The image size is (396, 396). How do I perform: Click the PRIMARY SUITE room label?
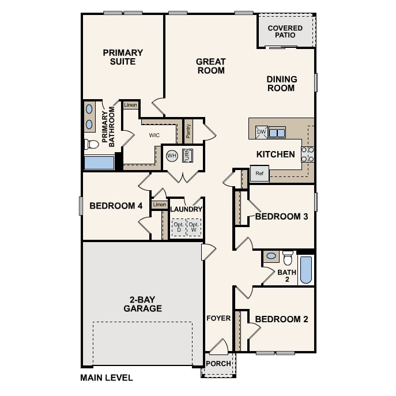[123, 56]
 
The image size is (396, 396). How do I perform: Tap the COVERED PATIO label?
[285, 31]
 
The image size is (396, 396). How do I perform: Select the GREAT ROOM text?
[211, 66]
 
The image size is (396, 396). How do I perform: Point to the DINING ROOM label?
[281, 84]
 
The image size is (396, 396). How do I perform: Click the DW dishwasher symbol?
[261, 133]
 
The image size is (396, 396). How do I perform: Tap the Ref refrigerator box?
[259, 174]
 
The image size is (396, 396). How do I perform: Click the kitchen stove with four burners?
[307, 154]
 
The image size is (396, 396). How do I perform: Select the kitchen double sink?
[277, 133]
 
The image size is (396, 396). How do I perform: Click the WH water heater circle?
[172, 156]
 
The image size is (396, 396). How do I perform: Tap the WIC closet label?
[154, 135]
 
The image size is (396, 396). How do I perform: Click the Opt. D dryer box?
[178, 227]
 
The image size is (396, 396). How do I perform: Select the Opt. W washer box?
[194, 227]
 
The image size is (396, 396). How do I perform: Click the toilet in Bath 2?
[288, 257]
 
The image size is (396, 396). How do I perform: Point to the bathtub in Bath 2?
[306, 270]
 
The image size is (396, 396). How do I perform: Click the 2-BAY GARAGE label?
[142, 304]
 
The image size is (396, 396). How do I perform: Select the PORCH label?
[218, 364]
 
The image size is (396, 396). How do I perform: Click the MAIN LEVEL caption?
[107, 378]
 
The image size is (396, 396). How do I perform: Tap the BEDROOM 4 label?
[116, 206]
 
